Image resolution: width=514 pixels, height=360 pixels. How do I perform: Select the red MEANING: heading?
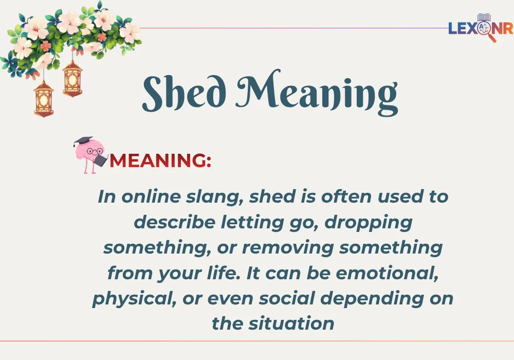[x=160, y=160]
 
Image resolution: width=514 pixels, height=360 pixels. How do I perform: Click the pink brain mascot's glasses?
[x=95, y=151]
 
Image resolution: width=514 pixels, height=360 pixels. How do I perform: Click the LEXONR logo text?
[x=480, y=28]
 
